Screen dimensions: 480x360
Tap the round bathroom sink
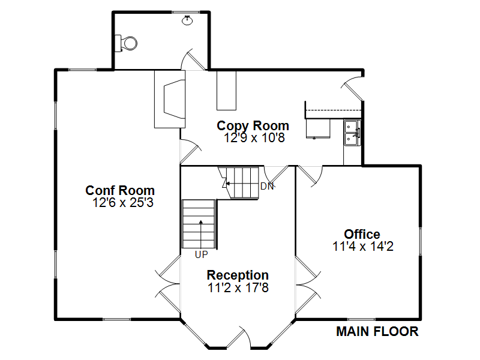[187, 20]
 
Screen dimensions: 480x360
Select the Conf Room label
[120, 190]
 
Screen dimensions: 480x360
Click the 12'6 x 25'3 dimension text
[123, 203]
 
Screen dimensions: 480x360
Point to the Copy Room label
[253, 126]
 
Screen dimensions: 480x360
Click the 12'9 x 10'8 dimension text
[254, 138]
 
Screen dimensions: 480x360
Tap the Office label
[362, 234]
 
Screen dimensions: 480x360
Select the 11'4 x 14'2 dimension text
[363, 247]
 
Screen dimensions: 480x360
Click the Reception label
[238, 275]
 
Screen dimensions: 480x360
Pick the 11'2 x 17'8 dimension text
[238, 288]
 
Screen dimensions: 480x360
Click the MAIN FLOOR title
[377, 332]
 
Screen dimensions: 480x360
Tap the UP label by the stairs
[201, 254]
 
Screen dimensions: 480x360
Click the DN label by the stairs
[267, 186]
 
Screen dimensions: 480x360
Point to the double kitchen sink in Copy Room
[352, 133]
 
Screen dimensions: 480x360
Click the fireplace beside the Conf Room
[170, 99]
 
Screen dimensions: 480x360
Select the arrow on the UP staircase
[201, 233]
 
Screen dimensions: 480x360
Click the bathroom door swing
[193, 59]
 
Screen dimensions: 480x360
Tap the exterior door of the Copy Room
[352, 87]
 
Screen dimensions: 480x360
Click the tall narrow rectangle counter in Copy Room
[227, 91]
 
